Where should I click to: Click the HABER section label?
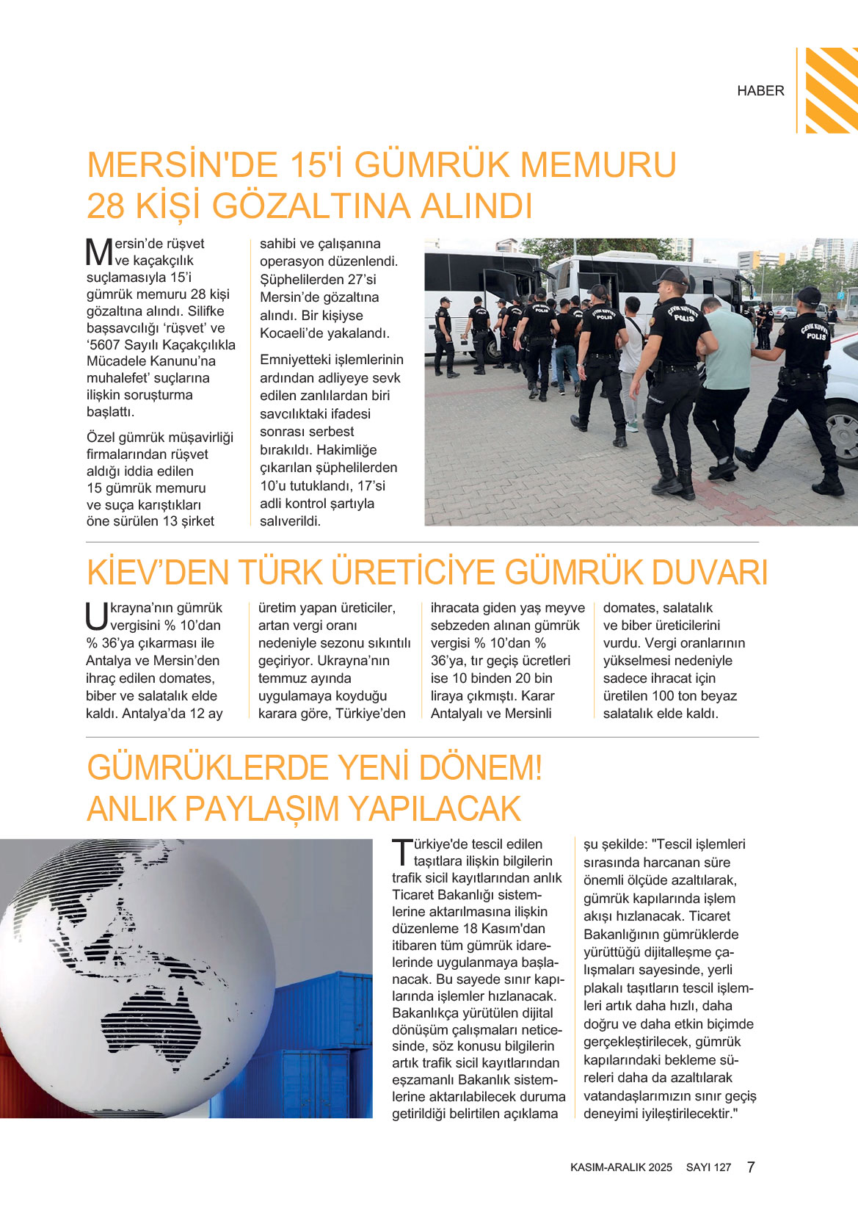point(760,90)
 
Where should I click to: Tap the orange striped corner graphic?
point(831,90)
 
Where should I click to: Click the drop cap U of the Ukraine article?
point(97,616)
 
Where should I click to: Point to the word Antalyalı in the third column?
point(459,714)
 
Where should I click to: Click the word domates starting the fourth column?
point(629,608)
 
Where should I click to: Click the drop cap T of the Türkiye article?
point(402,852)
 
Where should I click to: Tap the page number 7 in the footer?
point(751,1167)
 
